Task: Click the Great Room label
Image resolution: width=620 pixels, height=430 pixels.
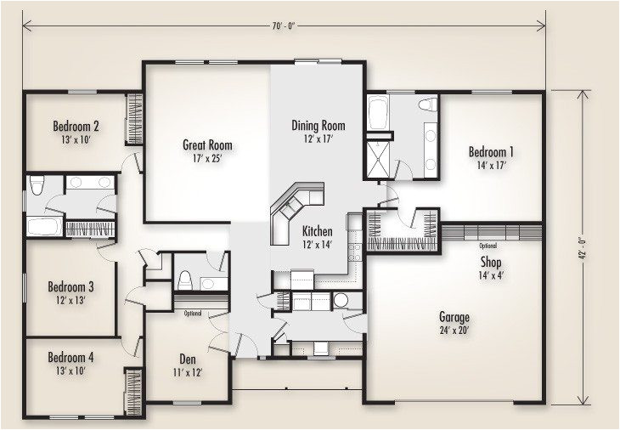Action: tap(207, 144)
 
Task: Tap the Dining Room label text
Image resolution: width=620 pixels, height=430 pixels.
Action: tap(318, 125)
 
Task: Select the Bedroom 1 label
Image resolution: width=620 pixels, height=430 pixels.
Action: tap(491, 152)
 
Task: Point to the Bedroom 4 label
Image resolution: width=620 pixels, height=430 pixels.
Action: tap(70, 357)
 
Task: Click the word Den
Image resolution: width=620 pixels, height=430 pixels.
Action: tap(189, 359)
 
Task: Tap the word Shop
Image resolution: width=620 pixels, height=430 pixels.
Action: tap(491, 262)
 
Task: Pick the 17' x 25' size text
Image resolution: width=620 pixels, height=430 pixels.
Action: tap(207, 157)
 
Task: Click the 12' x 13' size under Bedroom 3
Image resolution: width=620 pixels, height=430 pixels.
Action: tap(70, 299)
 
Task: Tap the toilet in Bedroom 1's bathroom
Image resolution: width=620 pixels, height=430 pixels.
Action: tap(429, 105)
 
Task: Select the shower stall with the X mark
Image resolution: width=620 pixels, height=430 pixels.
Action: tap(378, 157)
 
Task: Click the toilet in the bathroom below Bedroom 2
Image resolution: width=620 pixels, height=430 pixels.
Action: tap(36, 188)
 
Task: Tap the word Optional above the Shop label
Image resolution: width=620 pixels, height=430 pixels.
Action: tap(488, 246)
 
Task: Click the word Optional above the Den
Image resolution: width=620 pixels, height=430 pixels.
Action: tap(193, 314)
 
